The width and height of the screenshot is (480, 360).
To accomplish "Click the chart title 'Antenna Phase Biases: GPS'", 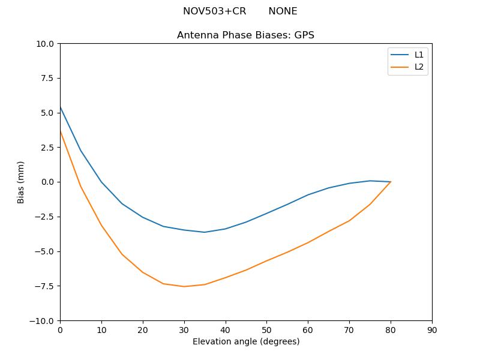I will [x=245, y=35].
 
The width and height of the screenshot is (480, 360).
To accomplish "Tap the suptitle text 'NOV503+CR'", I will [x=214, y=11].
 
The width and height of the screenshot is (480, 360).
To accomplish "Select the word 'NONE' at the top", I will [x=283, y=11].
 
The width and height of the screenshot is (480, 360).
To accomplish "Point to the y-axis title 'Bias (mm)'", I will [x=21, y=182].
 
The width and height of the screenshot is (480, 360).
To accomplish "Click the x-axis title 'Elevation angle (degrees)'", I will [x=246, y=342].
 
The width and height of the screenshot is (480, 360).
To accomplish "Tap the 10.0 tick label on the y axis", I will [x=46, y=44].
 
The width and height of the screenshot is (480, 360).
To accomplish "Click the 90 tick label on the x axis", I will [x=432, y=330].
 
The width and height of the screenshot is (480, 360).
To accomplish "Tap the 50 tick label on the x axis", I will [x=266, y=330].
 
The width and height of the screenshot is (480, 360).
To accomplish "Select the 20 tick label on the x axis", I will [x=143, y=330].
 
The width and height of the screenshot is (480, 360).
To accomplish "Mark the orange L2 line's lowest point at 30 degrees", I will [x=184, y=286].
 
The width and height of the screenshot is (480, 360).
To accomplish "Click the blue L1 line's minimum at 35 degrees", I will [x=205, y=232].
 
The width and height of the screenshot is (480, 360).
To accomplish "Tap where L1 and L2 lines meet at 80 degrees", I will [x=391, y=182].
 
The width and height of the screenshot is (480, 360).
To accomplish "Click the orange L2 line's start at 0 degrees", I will [x=61, y=131].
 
